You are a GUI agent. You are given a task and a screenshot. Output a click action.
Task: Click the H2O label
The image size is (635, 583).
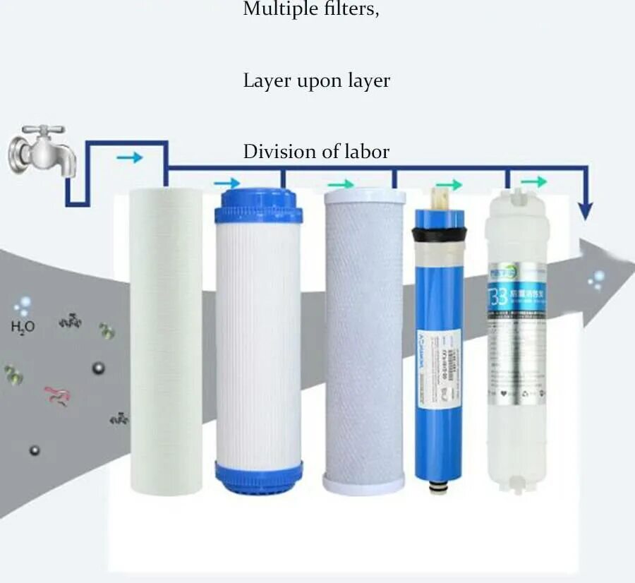click(23, 326)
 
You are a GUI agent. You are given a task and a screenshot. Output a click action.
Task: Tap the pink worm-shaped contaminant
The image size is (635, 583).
click(56, 396)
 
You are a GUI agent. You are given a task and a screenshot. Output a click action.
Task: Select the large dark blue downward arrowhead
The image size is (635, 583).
click(585, 210)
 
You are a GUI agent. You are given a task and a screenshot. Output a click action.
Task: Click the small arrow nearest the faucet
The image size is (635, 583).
click(129, 157)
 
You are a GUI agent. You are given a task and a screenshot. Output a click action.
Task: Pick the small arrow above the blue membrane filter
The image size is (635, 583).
click(449, 185)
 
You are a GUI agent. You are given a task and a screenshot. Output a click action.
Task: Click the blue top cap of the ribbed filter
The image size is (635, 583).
click(258, 206)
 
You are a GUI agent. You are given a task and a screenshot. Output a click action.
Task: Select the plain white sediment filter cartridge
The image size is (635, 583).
click(166, 339)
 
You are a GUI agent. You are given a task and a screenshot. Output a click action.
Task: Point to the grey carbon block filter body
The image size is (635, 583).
click(364, 339)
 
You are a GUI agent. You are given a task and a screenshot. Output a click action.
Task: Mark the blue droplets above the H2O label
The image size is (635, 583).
click(24, 306)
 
